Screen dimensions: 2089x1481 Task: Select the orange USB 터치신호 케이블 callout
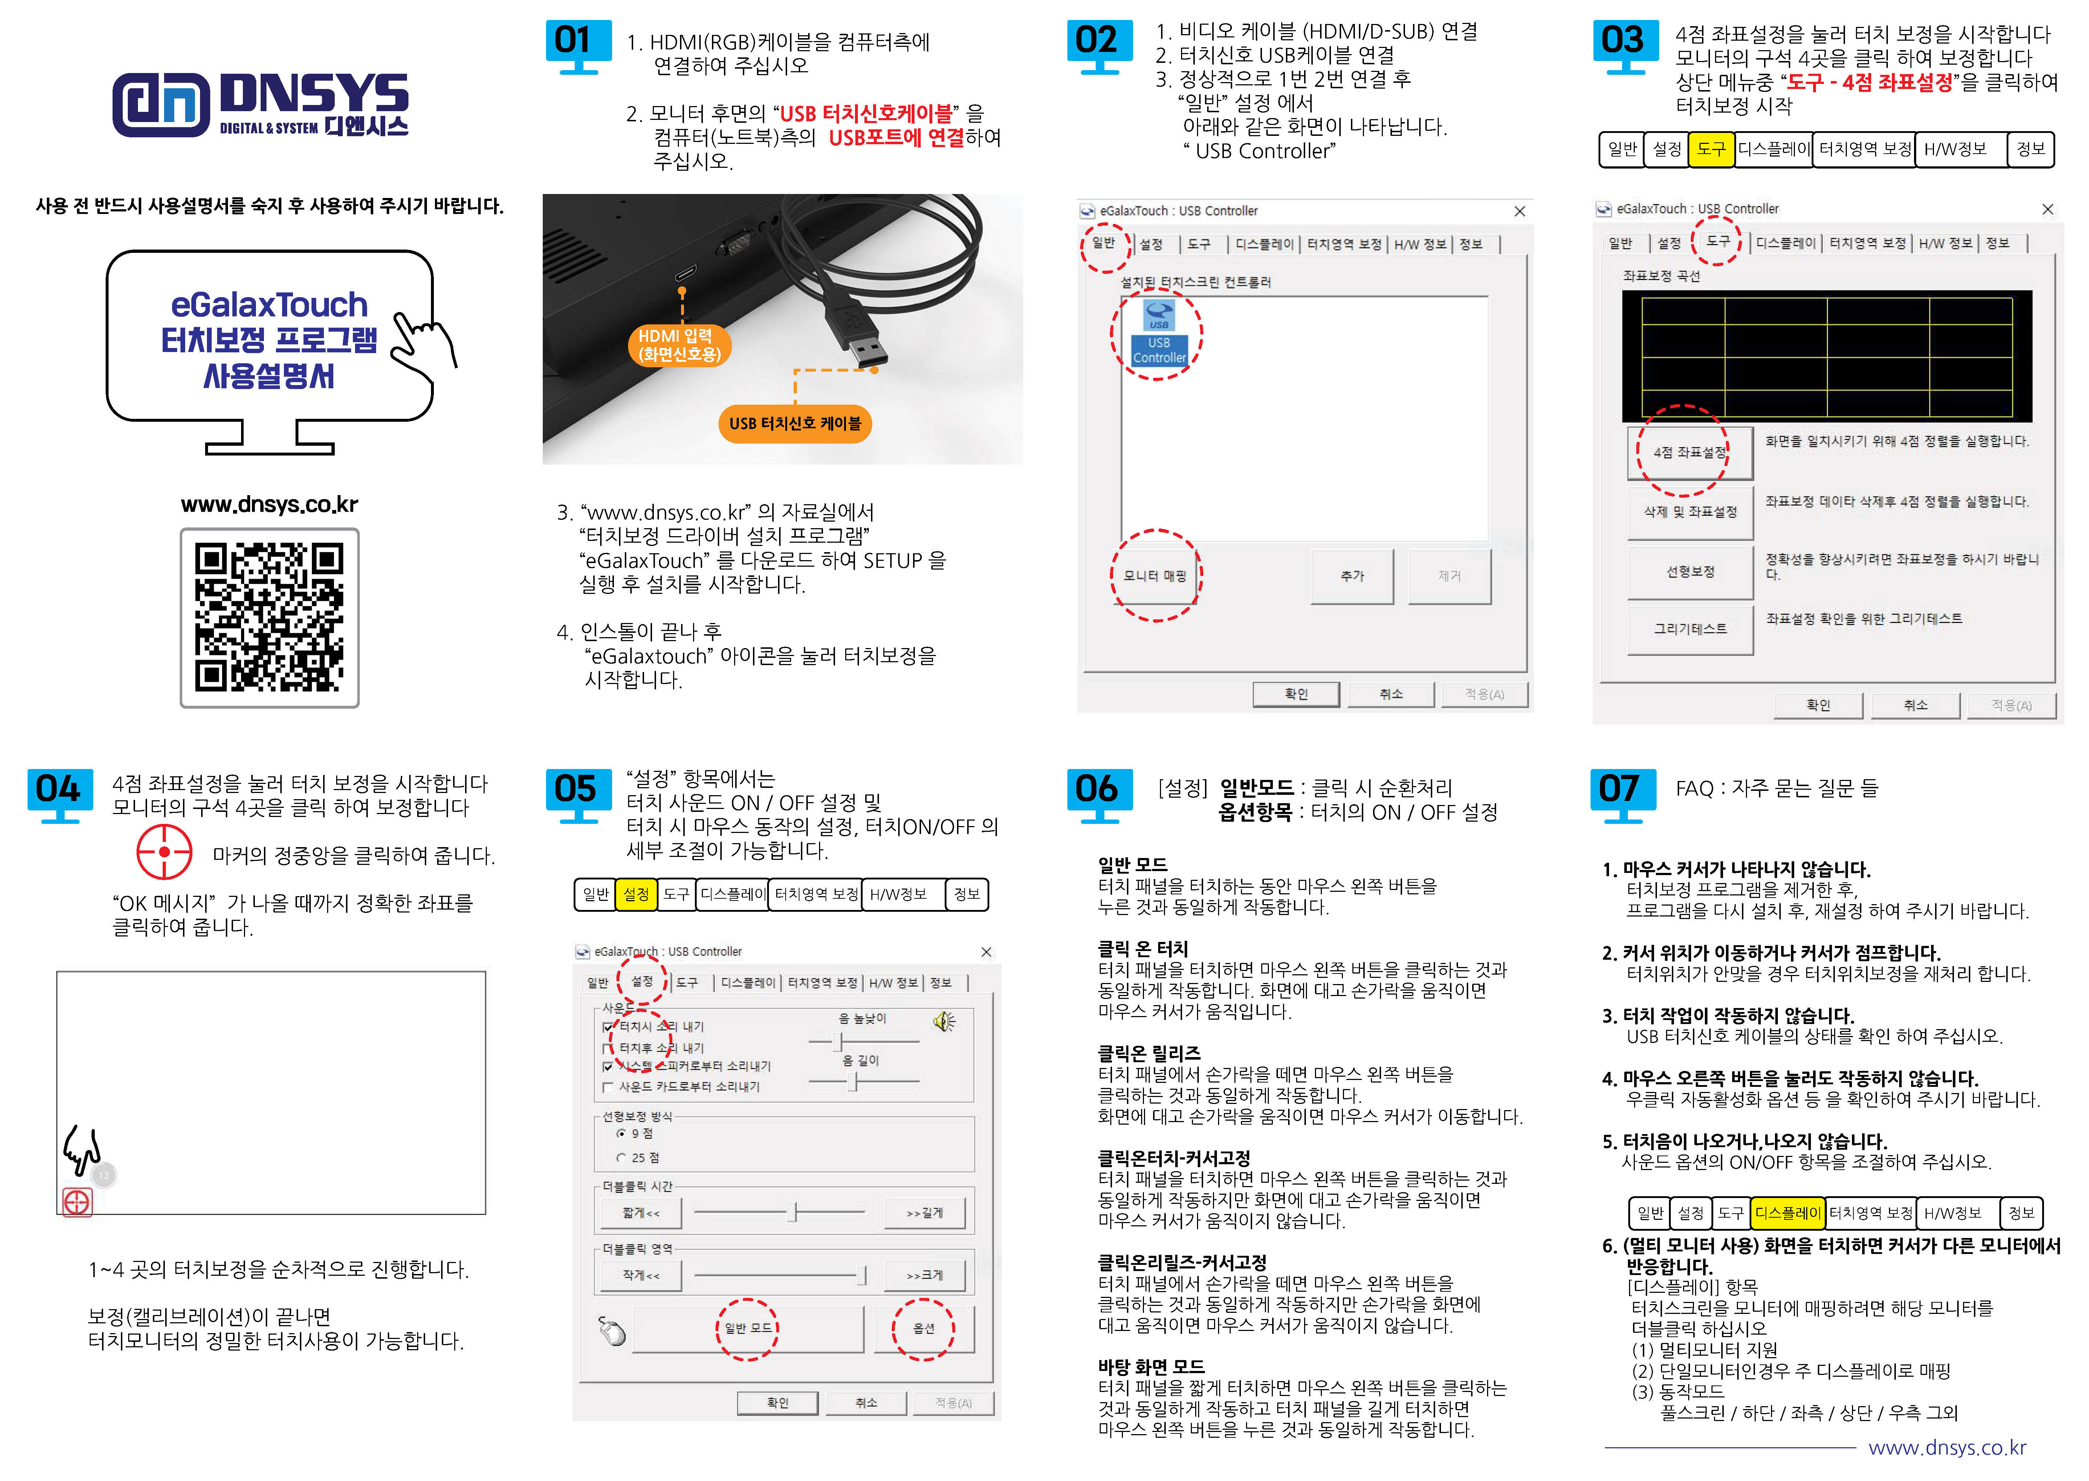[x=795, y=423]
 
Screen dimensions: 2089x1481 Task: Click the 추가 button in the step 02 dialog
[x=1352, y=575]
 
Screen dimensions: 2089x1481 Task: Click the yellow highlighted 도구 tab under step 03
[x=1711, y=149]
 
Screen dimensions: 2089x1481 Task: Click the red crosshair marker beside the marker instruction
[x=164, y=852]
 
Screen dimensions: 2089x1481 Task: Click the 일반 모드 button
[x=748, y=1329]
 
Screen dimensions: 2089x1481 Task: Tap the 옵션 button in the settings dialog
[x=923, y=1329]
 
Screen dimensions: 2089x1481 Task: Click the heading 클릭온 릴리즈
[x=1149, y=1052]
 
